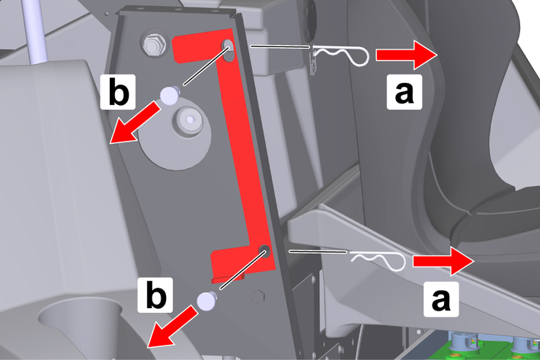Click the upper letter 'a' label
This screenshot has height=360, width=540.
point(404,92)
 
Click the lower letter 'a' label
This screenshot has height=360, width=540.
point(441,299)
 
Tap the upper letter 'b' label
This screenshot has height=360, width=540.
point(118,92)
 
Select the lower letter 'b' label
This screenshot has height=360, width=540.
point(155,295)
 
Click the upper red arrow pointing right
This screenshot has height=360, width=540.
point(407,55)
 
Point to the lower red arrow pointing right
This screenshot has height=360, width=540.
point(444,261)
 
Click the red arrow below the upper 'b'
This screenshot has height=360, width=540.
point(134,124)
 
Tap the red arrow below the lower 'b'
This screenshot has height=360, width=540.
point(172,327)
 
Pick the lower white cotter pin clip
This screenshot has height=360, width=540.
point(378,260)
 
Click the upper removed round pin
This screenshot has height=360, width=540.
point(170,94)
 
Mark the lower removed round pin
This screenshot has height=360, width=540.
point(206,301)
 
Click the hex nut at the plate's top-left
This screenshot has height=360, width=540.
point(154,44)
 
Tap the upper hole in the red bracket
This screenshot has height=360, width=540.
point(228,50)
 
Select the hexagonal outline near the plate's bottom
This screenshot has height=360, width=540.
point(258,297)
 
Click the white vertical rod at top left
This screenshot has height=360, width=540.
point(35,32)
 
